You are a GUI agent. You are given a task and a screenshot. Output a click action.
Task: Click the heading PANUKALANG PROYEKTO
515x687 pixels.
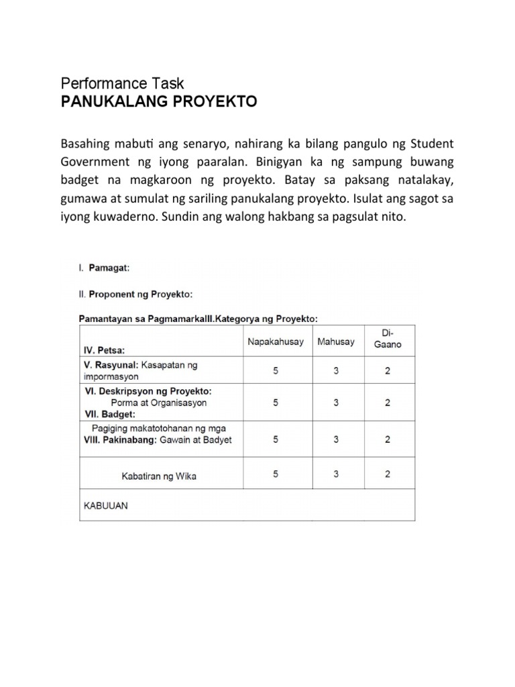(x=159, y=102)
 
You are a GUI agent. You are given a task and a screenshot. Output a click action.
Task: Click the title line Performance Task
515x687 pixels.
(x=122, y=83)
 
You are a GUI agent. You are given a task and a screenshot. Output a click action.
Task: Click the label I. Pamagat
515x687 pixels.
(x=104, y=267)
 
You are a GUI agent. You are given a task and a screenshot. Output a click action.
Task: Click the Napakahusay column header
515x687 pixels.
(x=276, y=341)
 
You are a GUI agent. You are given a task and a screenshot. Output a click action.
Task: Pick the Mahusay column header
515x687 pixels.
(x=336, y=341)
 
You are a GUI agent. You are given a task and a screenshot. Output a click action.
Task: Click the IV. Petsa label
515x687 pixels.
(x=104, y=350)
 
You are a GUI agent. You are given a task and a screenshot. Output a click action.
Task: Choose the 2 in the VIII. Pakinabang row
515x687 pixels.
(x=388, y=439)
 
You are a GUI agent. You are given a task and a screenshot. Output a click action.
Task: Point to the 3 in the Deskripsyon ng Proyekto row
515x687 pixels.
(x=336, y=403)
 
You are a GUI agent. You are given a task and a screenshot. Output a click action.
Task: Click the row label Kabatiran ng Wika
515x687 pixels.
(x=159, y=476)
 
